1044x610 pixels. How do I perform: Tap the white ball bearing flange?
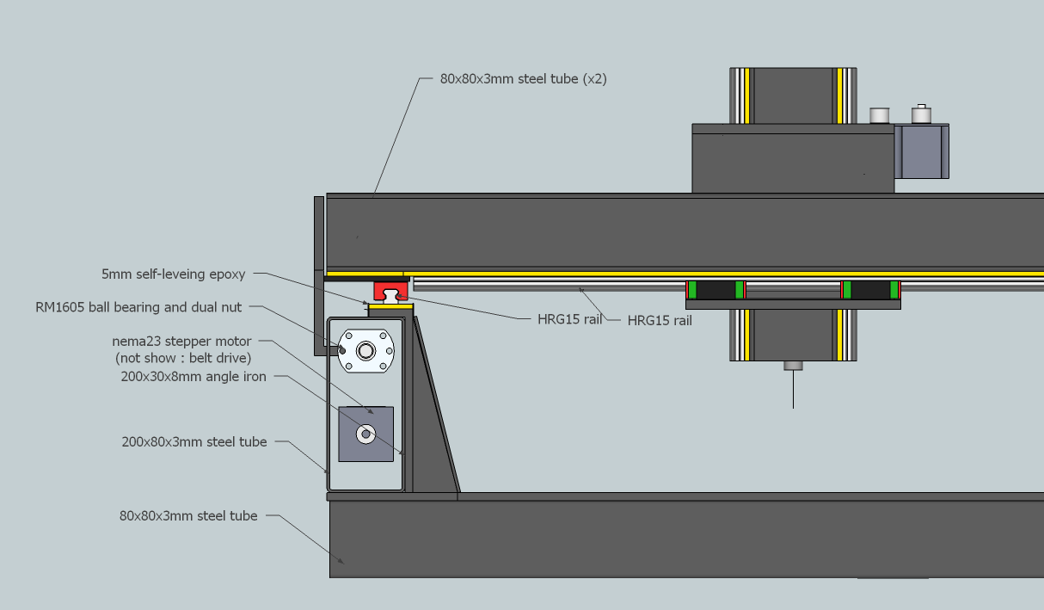pyautogui.click(x=366, y=350)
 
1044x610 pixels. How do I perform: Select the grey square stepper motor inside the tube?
pyautogui.click(x=366, y=434)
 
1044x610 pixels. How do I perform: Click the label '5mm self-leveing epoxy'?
pyautogui.click(x=173, y=274)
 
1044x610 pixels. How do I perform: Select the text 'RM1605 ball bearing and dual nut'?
pyautogui.click(x=138, y=307)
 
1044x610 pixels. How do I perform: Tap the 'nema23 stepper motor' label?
pyautogui.click(x=181, y=342)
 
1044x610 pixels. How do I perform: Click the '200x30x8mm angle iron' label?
pyautogui.click(x=194, y=376)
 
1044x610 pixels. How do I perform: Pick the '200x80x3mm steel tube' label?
pyautogui.click(x=194, y=441)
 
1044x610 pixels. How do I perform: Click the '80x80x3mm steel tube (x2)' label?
pyautogui.click(x=524, y=78)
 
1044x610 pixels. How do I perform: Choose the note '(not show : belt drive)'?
pyautogui.click(x=183, y=358)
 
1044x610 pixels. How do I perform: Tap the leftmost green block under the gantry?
pyautogui.click(x=691, y=290)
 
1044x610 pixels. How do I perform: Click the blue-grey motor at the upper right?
pyautogui.click(x=921, y=151)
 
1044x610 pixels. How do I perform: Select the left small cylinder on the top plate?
pyautogui.click(x=879, y=115)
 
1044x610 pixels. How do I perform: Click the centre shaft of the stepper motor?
pyautogui.click(x=366, y=434)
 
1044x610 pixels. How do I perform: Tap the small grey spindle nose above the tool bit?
pyautogui.click(x=793, y=365)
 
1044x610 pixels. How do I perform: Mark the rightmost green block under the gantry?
pyautogui.click(x=894, y=290)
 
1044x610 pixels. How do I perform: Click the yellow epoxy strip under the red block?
pyautogui.click(x=390, y=305)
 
